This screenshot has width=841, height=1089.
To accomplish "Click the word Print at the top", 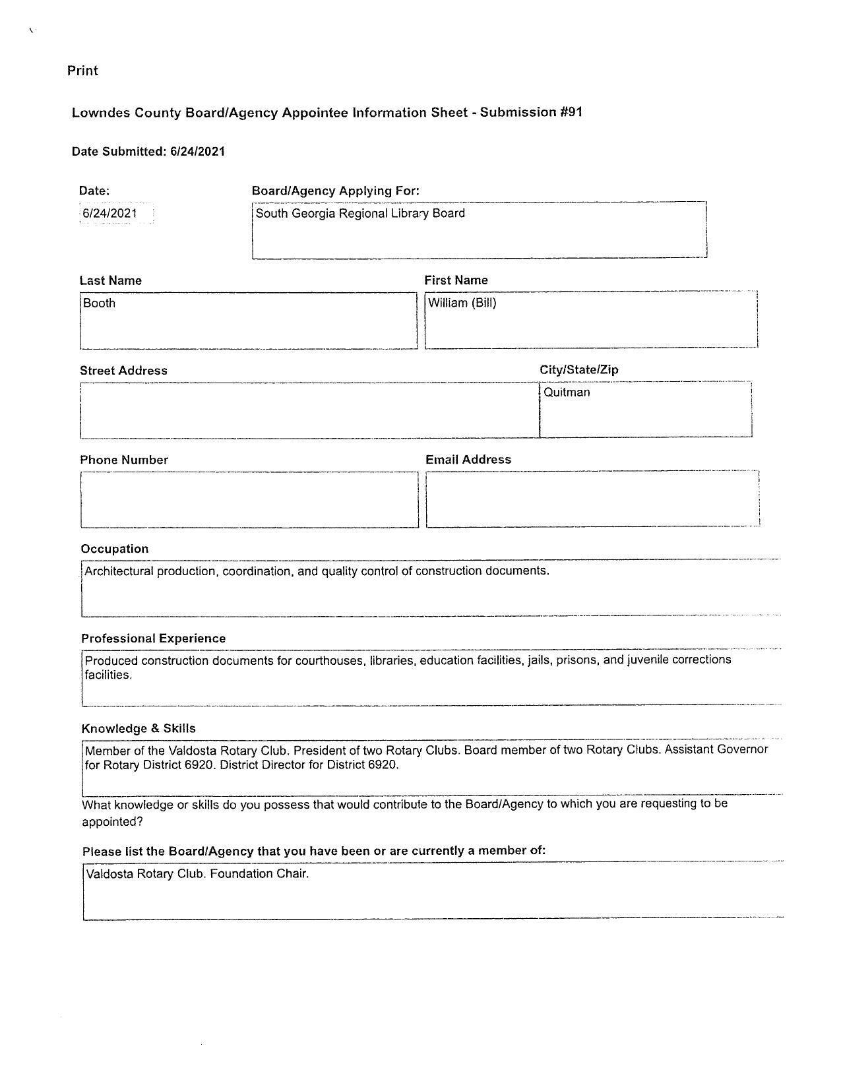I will (82, 71).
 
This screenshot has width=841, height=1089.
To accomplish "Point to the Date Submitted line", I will (148, 152).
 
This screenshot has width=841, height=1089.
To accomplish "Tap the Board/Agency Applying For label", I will (335, 191).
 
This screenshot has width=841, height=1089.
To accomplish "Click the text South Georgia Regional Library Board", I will (360, 214).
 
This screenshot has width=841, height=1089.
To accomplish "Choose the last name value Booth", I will (100, 303).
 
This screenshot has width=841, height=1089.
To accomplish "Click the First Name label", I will (456, 280).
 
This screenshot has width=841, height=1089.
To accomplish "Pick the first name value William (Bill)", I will (462, 303).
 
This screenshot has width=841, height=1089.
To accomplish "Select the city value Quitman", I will (567, 392).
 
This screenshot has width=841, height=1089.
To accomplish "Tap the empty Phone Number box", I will (249, 500).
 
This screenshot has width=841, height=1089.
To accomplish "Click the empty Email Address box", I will (592, 499).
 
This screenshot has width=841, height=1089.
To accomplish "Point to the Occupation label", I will (115, 549).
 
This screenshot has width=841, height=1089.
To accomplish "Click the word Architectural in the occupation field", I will (119, 571).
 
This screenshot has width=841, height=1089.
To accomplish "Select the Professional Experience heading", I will (153, 638).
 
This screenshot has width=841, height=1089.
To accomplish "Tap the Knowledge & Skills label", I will (139, 729).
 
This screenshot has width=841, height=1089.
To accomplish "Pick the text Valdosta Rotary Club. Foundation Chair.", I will (197, 874).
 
